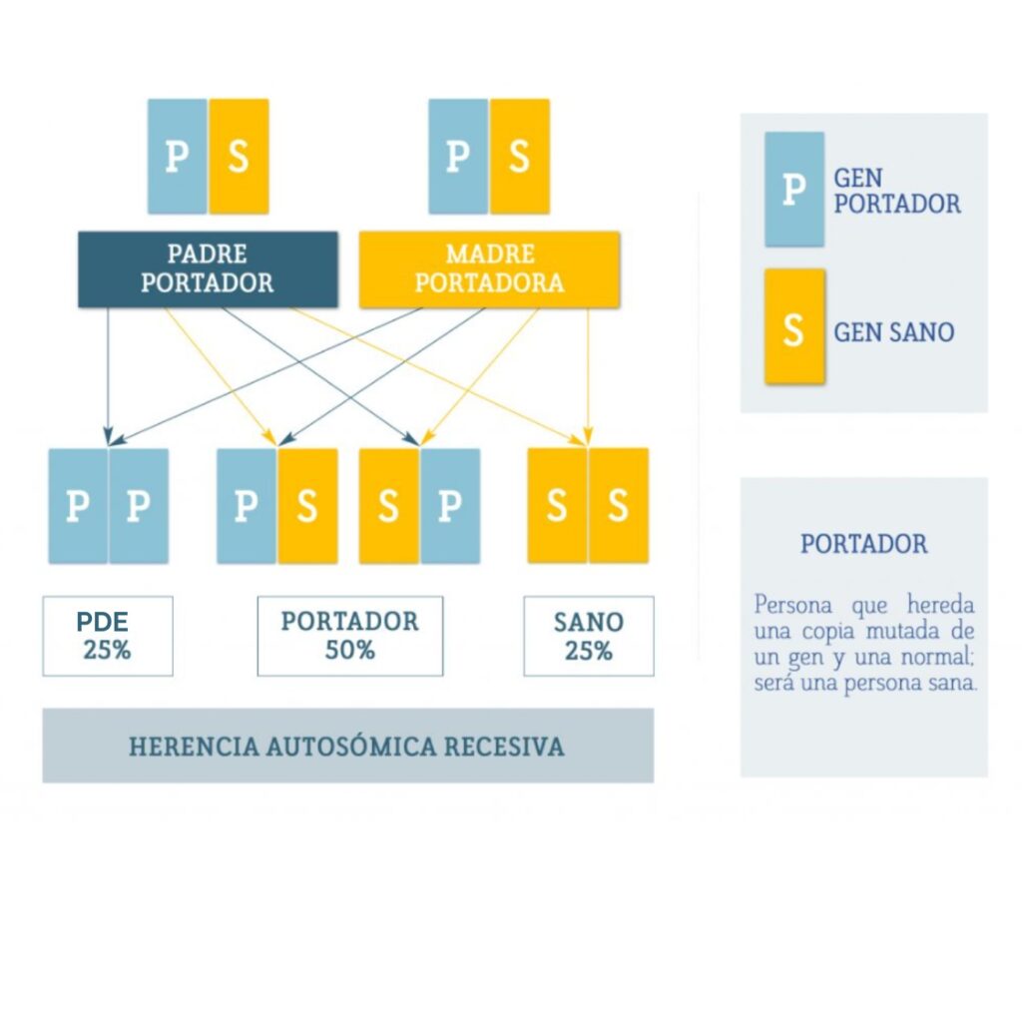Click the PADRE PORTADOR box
[x=208, y=269]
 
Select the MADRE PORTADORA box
[x=489, y=269]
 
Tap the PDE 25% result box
[x=108, y=636]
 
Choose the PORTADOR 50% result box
[x=350, y=636]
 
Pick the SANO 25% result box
[x=589, y=636]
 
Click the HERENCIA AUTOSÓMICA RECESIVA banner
[x=348, y=746]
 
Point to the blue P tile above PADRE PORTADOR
[x=178, y=157]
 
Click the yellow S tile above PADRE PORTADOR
[x=240, y=157]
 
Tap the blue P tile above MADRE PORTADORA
[x=458, y=157]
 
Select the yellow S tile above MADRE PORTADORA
[x=519, y=157]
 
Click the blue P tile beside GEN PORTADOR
[x=794, y=190]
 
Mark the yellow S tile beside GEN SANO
[x=795, y=326]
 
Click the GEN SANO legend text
[x=894, y=332]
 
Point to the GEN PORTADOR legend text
[x=897, y=191]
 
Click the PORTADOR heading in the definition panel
[x=864, y=544]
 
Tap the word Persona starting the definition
[x=793, y=605]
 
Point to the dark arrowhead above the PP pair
[x=108, y=436]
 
